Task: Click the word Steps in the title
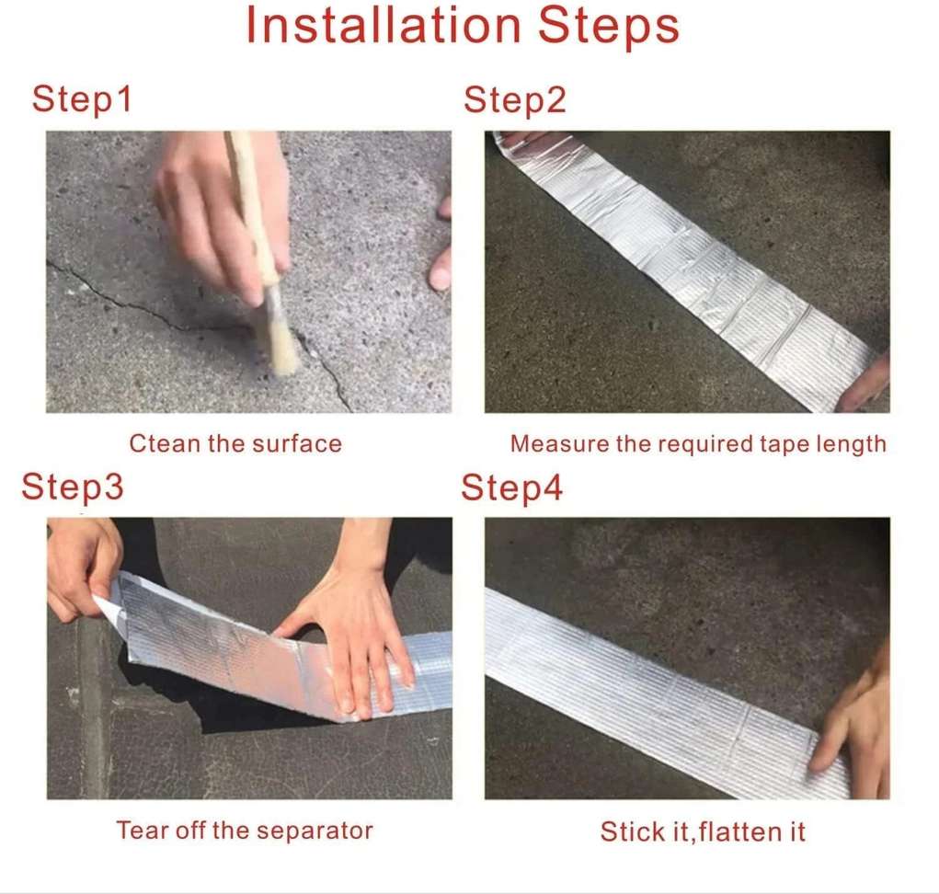click(x=609, y=29)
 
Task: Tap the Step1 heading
click(x=82, y=99)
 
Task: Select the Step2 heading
click(x=515, y=99)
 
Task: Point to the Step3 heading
click(x=72, y=487)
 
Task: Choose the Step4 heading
click(x=511, y=487)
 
